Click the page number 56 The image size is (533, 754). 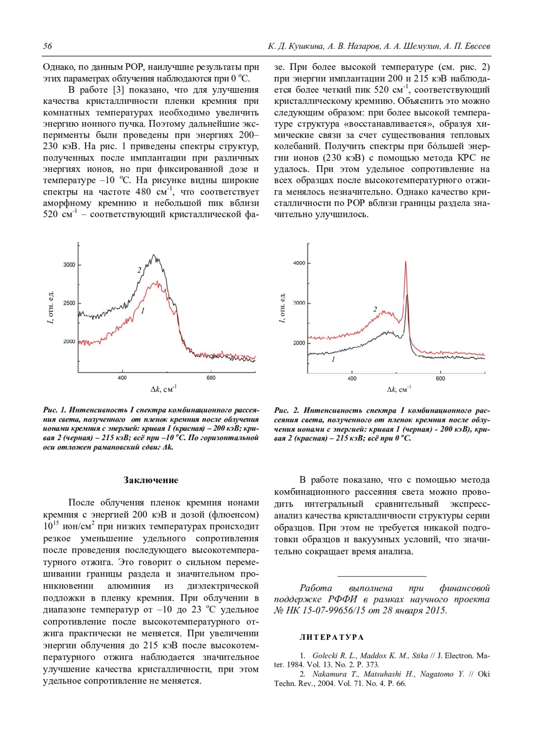[48, 46]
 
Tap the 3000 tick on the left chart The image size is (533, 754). [69, 265]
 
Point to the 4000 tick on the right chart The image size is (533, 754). [299, 263]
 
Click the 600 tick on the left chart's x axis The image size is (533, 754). [211, 378]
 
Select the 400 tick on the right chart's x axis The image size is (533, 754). [352, 378]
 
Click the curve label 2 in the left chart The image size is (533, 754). [139, 270]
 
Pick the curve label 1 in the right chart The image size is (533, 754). [334, 359]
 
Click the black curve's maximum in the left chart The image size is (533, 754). [154, 255]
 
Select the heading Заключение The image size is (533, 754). [151, 480]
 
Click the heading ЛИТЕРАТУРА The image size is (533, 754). [331, 637]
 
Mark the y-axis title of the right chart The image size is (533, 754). [282, 308]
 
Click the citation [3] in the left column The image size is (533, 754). [119, 90]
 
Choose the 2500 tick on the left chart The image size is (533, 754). [69, 303]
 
